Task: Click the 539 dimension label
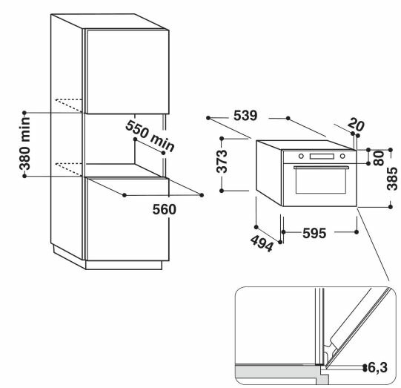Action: pyautogui.click(x=245, y=116)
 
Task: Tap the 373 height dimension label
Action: pyautogui.click(x=222, y=162)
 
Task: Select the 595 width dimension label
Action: pyautogui.click(x=314, y=233)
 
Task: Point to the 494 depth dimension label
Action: pyautogui.click(x=262, y=243)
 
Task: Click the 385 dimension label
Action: pyautogui.click(x=392, y=179)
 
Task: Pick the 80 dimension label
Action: pyautogui.click(x=379, y=158)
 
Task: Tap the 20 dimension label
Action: pyautogui.click(x=356, y=124)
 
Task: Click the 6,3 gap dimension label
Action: pyautogui.click(x=377, y=368)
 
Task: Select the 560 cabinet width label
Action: pyautogui.click(x=165, y=209)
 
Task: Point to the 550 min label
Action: pyautogui.click(x=150, y=137)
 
